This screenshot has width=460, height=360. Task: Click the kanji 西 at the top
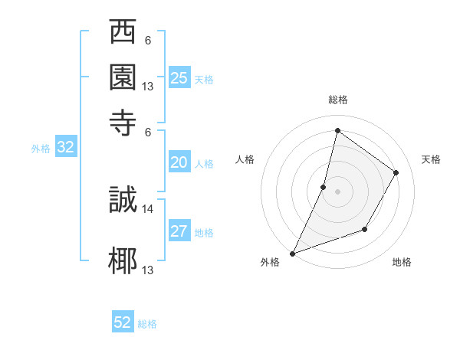(x=123, y=34)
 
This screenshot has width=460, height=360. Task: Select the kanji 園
(x=123, y=77)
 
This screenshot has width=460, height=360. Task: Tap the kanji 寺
(x=123, y=119)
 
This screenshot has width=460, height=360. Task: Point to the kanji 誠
(x=123, y=200)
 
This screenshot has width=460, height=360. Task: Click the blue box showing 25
(x=179, y=77)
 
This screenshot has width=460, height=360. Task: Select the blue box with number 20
(x=179, y=162)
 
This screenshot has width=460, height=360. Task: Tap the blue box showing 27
(x=179, y=231)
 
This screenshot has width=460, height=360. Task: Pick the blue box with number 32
(x=65, y=148)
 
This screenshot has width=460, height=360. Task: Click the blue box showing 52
(x=123, y=322)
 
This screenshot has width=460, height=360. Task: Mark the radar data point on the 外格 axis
(x=292, y=254)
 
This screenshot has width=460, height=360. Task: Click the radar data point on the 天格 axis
(x=396, y=172)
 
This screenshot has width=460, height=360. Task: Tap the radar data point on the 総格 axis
(x=337, y=130)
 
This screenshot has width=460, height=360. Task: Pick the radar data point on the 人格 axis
(x=324, y=187)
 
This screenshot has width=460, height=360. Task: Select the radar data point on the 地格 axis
(x=366, y=229)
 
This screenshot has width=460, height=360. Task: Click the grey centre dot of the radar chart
(x=337, y=191)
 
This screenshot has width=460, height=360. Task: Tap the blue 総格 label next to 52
(x=148, y=324)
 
